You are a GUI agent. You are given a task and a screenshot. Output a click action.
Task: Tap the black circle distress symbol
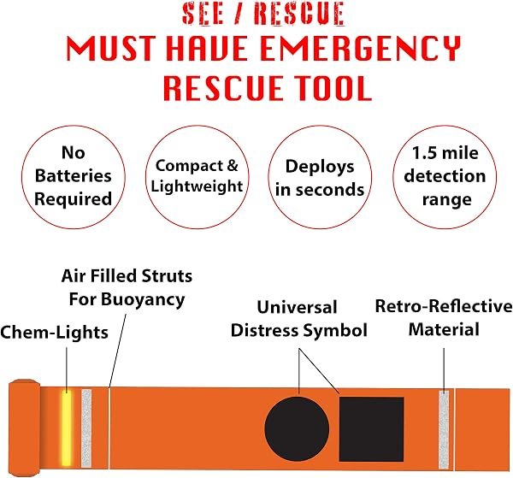[297, 428]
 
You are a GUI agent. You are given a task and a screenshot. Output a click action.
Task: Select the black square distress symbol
[371, 429]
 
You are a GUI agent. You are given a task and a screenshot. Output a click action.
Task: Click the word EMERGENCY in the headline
[361, 49]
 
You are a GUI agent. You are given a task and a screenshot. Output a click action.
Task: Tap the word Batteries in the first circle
[74, 175]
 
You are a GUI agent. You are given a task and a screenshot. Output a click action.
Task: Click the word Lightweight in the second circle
[197, 186]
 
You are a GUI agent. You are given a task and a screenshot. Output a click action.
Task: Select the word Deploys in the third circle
[320, 168]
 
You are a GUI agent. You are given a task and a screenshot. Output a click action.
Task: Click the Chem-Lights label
[55, 333]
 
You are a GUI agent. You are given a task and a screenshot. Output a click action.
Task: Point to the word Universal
[297, 307]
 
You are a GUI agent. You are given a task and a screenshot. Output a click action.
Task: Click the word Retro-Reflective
[444, 307]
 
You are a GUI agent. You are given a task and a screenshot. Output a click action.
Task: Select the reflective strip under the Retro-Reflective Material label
[444, 429]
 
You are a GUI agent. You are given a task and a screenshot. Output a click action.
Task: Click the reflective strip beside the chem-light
[86, 428]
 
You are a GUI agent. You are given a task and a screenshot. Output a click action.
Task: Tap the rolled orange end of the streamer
[25, 428]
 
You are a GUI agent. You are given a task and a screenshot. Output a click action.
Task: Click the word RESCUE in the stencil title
[299, 14]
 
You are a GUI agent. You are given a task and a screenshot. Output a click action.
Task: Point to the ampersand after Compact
[232, 165]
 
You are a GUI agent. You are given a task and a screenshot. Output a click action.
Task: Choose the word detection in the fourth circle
[445, 176]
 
